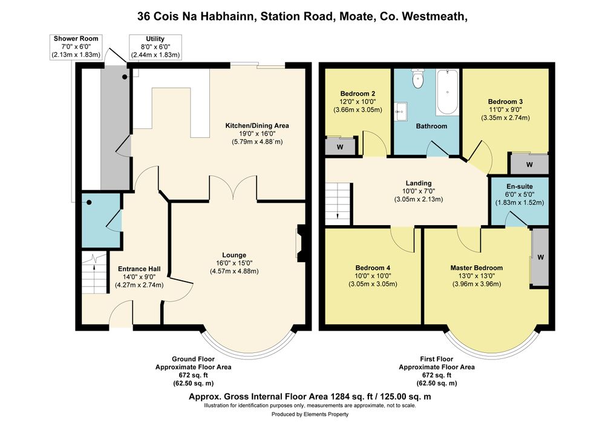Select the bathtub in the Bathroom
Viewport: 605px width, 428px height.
tap(447, 92)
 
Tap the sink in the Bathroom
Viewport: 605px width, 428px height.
tap(401, 111)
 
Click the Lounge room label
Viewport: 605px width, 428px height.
tap(234, 255)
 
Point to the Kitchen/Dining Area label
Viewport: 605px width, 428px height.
tap(257, 125)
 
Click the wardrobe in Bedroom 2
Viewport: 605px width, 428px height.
tap(340, 146)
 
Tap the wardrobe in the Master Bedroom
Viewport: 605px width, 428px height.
tap(540, 257)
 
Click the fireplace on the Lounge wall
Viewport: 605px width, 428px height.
tap(299, 241)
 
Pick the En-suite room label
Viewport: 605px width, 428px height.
tap(520, 186)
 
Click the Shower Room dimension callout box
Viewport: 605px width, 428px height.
tap(76, 47)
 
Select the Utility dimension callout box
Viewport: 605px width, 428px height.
tap(155, 47)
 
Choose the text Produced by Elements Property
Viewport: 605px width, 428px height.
tap(310, 415)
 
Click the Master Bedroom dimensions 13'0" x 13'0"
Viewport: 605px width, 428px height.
tap(477, 276)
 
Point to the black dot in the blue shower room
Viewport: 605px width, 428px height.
tap(89, 202)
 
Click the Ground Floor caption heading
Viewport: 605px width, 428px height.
tap(193, 359)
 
